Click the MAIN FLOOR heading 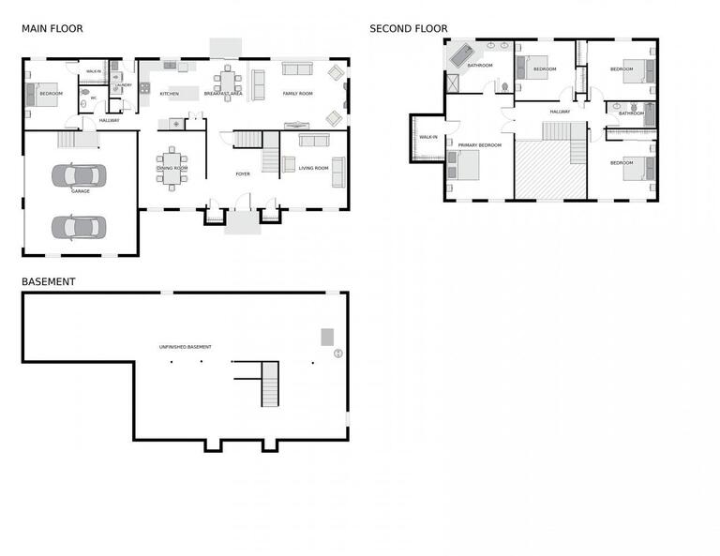click(x=52, y=29)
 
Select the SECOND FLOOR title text click(x=408, y=29)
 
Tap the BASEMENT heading click(x=48, y=281)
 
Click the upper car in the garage click(x=79, y=174)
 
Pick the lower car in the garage click(x=79, y=227)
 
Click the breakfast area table click(x=228, y=81)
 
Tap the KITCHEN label click(x=169, y=94)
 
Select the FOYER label click(x=243, y=174)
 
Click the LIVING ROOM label click(x=313, y=168)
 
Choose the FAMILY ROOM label click(x=297, y=94)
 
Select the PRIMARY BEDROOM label click(x=479, y=145)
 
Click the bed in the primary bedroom click(x=466, y=165)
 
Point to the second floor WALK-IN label click(x=427, y=137)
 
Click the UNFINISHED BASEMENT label click(x=185, y=347)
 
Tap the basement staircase click(x=270, y=383)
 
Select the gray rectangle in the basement click(x=327, y=337)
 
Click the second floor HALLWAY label click(x=560, y=112)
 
